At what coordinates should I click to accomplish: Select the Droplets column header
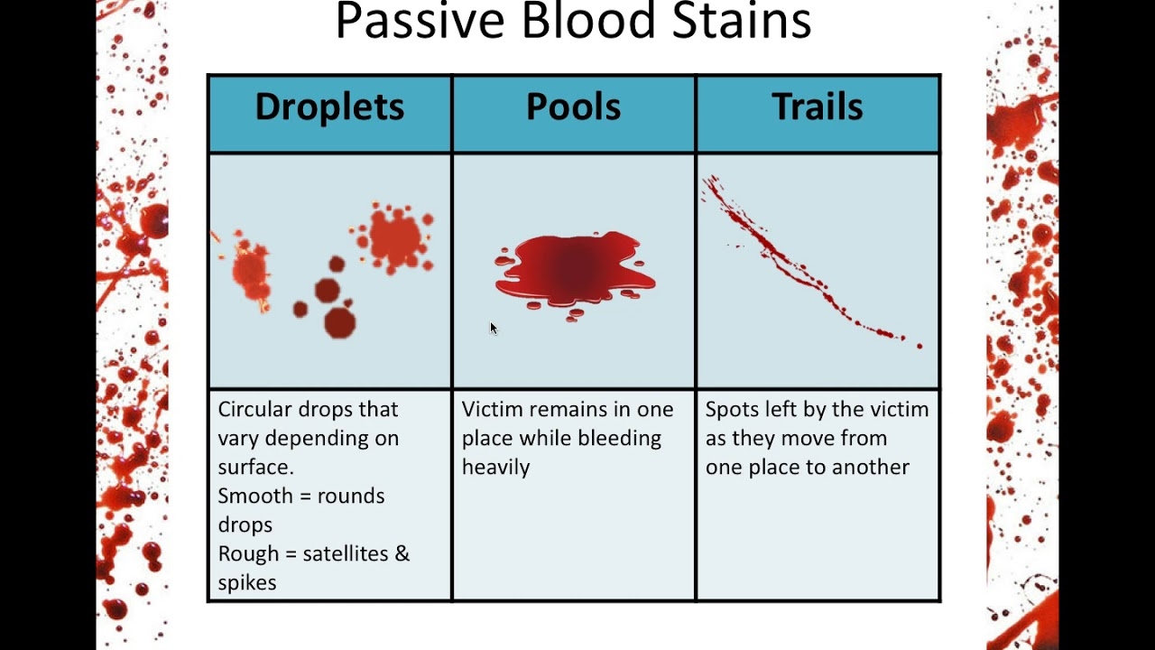pos(329,107)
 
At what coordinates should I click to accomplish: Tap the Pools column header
pos(573,107)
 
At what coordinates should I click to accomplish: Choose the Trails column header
pos(817,107)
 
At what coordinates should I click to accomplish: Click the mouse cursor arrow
pos(494,329)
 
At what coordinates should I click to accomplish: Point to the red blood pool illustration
pos(574,270)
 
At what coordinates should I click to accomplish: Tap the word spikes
pos(246,582)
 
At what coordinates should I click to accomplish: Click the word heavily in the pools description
pos(495,467)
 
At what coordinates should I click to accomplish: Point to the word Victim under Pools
pos(492,409)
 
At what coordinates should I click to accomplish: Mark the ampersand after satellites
pos(402,553)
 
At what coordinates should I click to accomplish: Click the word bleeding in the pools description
pos(623,438)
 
